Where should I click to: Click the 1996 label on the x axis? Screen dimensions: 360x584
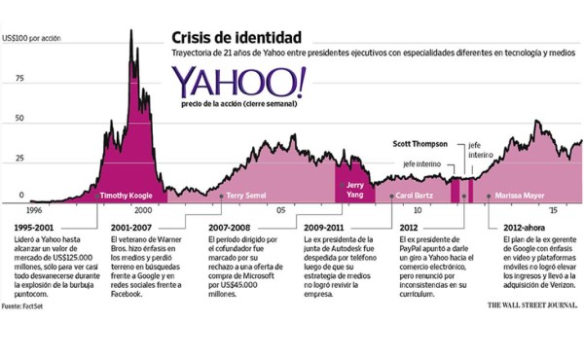34,208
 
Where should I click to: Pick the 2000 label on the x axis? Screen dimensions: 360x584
142,208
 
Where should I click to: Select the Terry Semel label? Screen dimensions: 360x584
248,196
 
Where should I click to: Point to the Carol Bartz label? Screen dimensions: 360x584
417,196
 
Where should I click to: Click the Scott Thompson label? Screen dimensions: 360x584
420,142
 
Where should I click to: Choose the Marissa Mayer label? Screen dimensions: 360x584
520,196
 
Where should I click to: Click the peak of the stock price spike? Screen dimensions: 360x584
131,31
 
